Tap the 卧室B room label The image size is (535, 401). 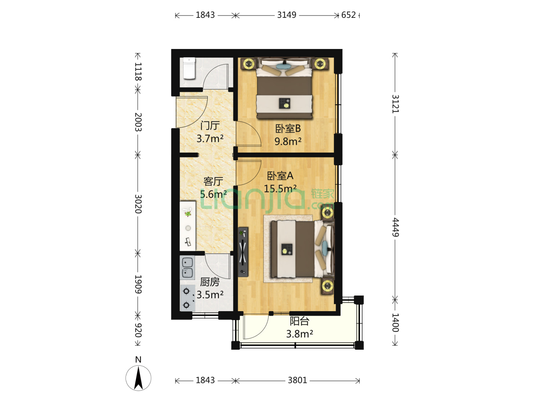click(x=288, y=128)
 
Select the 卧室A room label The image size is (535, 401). click(x=280, y=176)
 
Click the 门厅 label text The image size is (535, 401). click(x=210, y=125)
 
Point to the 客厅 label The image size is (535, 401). click(x=213, y=181)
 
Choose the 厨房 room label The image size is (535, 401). click(x=210, y=282)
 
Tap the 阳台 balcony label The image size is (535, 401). click(x=299, y=321)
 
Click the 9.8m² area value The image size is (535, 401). click(x=288, y=141)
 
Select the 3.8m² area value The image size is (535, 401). click(x=299, y=334)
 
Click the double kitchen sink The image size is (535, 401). click(x=187, y=268)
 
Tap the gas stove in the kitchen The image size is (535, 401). click(x=187, y=298)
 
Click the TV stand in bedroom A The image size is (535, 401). click(x=243, y=252)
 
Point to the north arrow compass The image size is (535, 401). click(x=138, y=378)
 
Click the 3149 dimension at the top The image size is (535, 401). click(x=286, y=15)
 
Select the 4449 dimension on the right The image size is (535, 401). click(x=395, y=227)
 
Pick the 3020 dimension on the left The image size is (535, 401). click(x=138, y=204)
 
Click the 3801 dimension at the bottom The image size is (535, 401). click(x=297, y=380)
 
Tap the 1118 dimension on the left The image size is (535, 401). click(x=138, y=72)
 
